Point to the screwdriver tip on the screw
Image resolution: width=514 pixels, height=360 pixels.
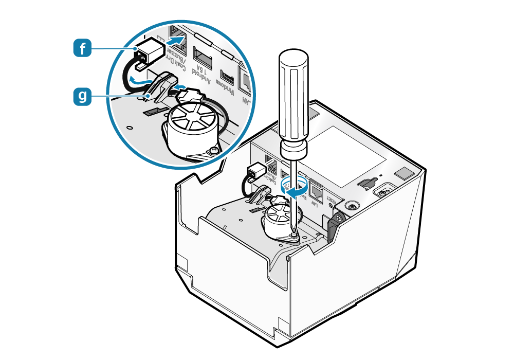[x=292, y=232]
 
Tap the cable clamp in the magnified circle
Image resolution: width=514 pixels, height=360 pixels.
[x=160, y=85]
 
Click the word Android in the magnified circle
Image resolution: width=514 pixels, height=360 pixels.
[x=202, y=76]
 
